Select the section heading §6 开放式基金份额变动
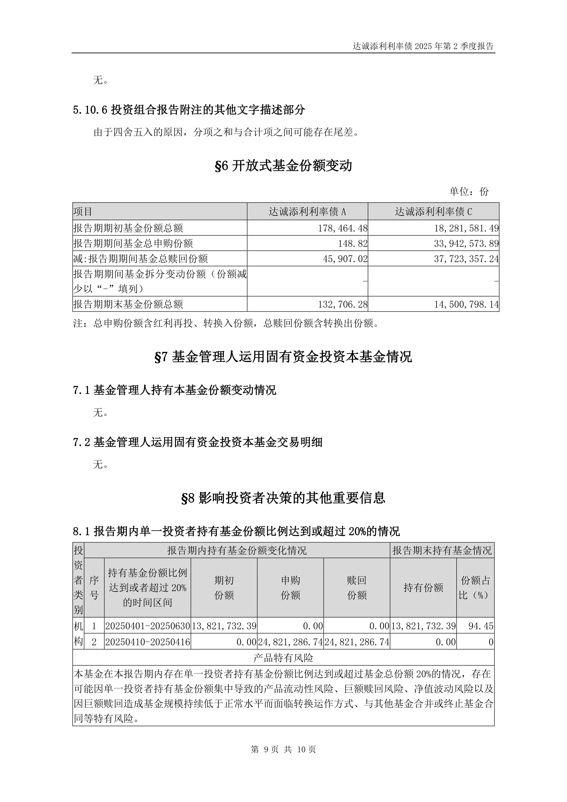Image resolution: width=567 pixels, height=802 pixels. click(283, 166)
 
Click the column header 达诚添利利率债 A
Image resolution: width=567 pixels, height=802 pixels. click(307, 212)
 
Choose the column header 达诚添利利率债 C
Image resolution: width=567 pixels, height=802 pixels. click(433, 212)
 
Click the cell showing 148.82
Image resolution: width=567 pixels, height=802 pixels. click(353, 243)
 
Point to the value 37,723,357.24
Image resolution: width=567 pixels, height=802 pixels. click(466, 259)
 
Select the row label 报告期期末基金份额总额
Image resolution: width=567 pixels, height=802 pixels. click(128, 304)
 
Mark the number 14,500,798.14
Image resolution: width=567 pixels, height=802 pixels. click(466, 304)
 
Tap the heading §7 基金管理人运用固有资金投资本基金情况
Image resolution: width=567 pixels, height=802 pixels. click(283, 357)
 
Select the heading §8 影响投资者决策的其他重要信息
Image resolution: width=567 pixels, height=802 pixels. click(283, 498)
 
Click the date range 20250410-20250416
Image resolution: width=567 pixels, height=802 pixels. click(147, 642)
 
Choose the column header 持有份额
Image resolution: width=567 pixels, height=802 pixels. click(423, 588)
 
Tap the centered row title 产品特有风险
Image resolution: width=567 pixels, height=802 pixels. click(283, 658)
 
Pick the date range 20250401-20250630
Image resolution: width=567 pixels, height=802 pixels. click(147, 626)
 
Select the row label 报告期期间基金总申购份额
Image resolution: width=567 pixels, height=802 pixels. click(133, 243)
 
